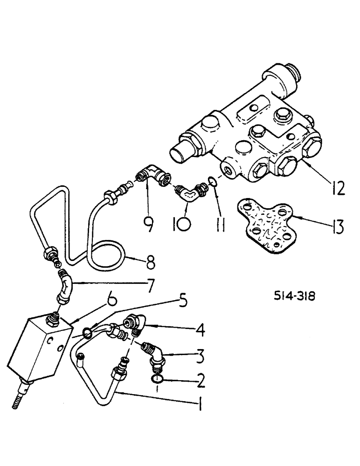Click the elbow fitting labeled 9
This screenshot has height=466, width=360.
(153, 176)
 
